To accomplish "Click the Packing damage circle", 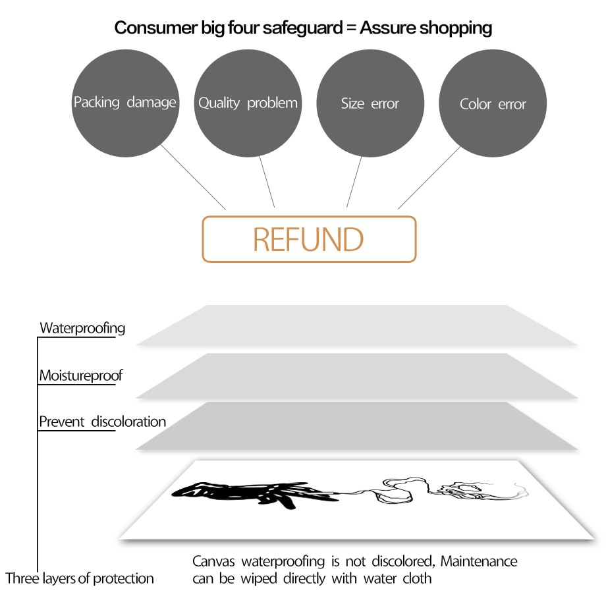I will [x=125, y=103].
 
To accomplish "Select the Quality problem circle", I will [x=248, y=103].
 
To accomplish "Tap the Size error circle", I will [x=370, y=103].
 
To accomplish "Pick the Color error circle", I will [x=493, y=104].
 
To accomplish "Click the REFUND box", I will [x=309, y=239].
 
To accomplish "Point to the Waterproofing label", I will [x=82, y=328].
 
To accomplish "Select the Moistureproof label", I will [x=81, y=376].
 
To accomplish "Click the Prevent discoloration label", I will [x=102, y=422].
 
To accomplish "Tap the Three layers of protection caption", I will [x=80, y=579].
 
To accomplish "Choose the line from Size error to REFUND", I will [x=354, y=182].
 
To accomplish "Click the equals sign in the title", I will [x=350, y=28].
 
